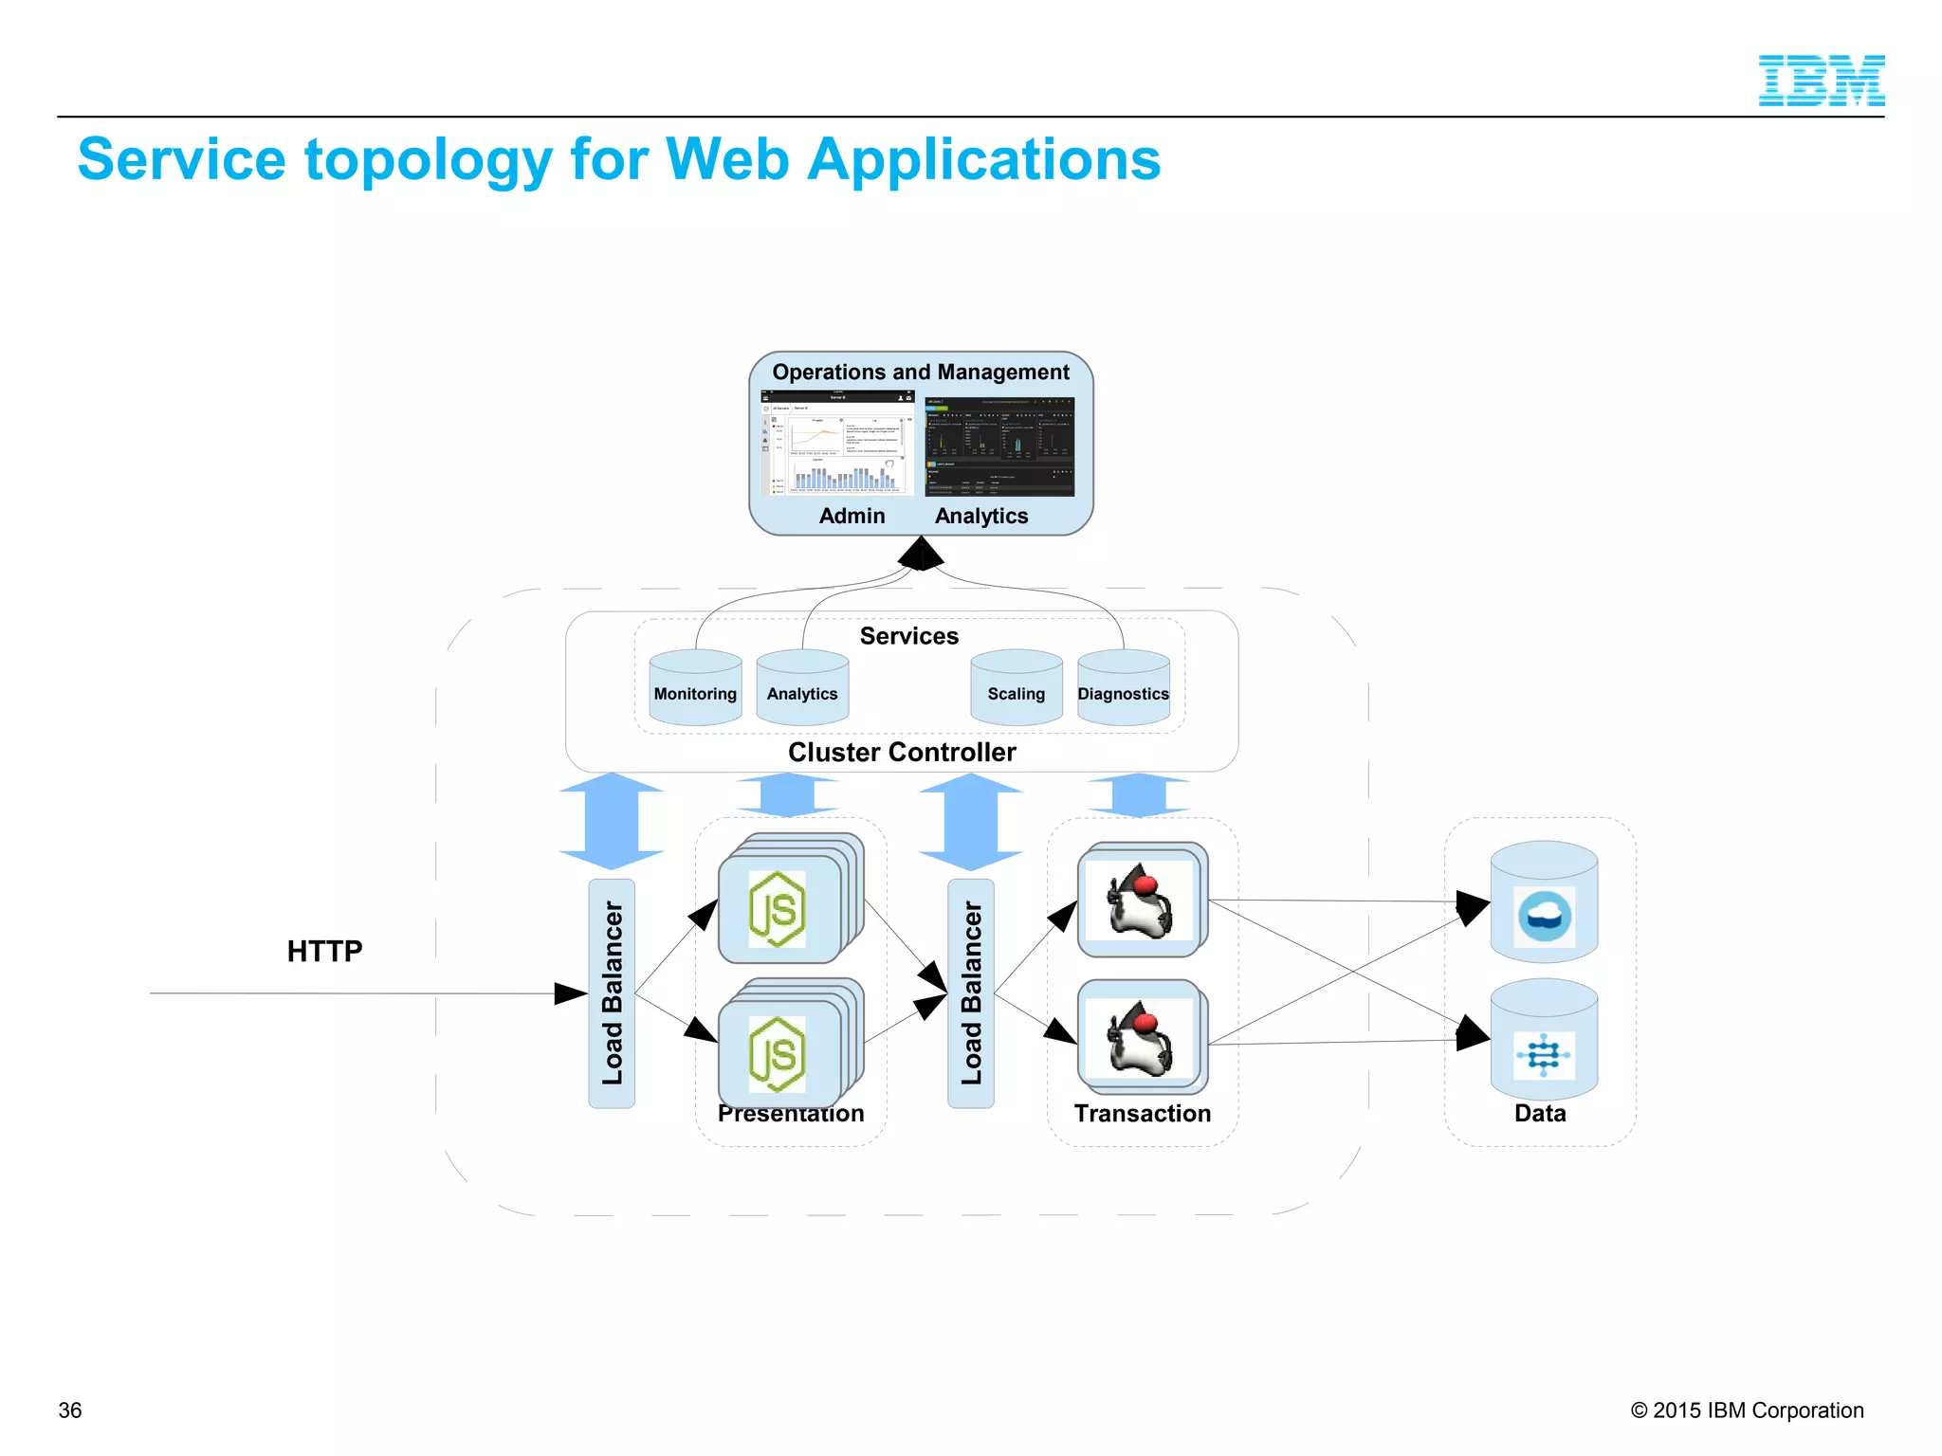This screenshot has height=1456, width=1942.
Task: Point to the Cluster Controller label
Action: click(902, 753)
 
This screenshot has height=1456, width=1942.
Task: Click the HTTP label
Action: click(324, 951)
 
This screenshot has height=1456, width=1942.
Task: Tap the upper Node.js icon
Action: click(778, 909)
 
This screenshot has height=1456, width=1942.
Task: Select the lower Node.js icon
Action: click(778, 1054)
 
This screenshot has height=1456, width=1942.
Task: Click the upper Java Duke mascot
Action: click(1140, 901)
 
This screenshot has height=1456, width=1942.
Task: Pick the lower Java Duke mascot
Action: click(1140, 1040)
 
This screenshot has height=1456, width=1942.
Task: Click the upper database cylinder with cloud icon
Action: click(1544, 905)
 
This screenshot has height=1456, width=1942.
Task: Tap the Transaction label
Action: click(1142, 1114)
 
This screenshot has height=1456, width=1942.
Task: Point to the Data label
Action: click(1540, 1114)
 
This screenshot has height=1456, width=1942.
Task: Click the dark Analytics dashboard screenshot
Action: click(999, 446)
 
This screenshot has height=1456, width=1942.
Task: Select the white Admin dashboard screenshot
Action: click(836, 444)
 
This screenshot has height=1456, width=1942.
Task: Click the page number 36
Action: click(70, 1410)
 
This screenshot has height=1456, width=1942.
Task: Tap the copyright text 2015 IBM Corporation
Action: click(1747, 1410)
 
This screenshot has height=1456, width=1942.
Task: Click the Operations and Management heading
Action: click(920, 373)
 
